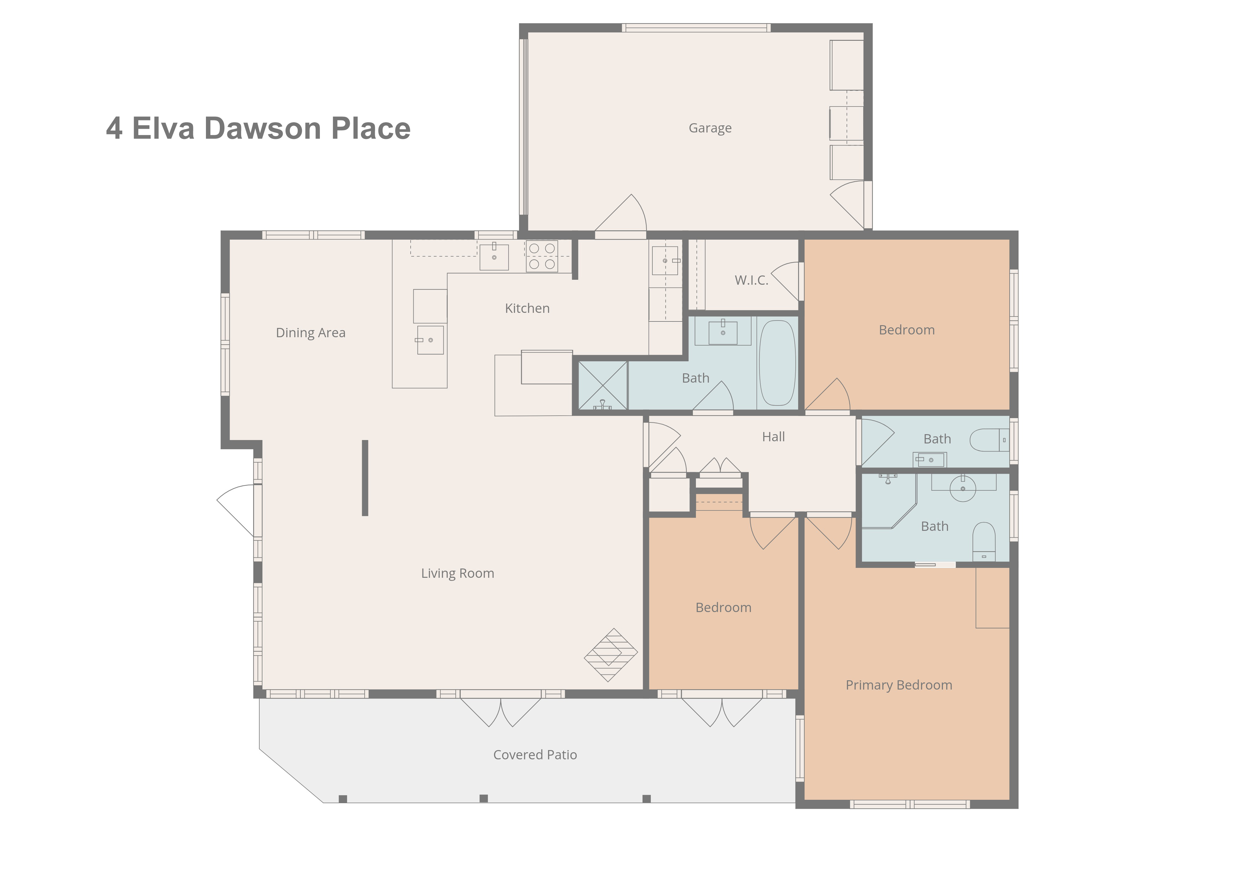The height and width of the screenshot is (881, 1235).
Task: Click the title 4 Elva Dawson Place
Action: click(258, 128)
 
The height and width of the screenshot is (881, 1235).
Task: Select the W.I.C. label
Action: click(751, 280)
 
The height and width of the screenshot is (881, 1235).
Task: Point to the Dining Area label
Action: click(310, 333)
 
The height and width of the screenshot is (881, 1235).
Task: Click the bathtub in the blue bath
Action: click(777, 363)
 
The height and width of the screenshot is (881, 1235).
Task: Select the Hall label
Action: click(773, 437)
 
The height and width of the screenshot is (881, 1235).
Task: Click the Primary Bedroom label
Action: click(898, 685)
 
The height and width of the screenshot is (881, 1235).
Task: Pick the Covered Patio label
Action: click(535, 755)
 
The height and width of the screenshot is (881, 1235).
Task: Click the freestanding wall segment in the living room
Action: click(365, 478)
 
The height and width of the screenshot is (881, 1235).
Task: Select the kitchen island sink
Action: click(430, 340)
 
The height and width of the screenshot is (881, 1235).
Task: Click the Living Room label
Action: click(457, 573)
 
